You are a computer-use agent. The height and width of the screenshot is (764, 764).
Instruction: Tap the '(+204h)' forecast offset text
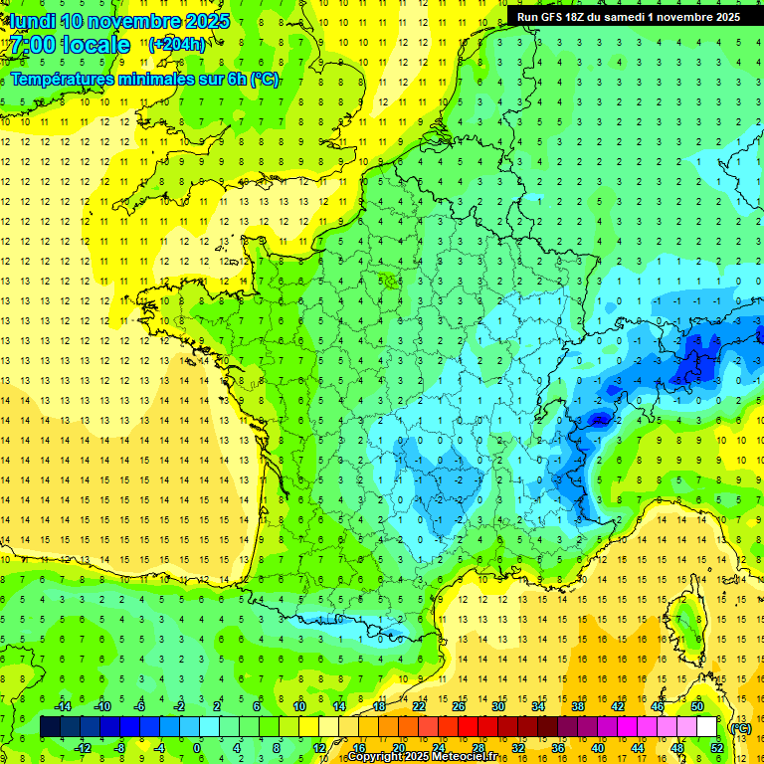[x=177, y=44]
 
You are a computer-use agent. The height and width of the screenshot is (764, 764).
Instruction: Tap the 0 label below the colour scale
[x=197, y=748]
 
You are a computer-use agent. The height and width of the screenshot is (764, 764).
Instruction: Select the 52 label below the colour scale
[x=717, y=748]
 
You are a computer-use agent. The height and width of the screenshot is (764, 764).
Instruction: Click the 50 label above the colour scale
[x=697, y=706]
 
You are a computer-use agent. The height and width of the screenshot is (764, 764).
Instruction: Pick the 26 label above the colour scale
[x=459, y=706]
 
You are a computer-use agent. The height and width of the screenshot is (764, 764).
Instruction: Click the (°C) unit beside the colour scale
[x=741, y=727]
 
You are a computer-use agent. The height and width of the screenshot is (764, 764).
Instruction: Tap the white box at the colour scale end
[x=707, y=727]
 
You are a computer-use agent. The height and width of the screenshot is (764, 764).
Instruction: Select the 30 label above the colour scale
[x=498, y=706]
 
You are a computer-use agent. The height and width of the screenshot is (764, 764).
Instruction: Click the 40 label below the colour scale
[x=598, y=748]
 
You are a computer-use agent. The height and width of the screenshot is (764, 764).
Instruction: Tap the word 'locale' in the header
[x=95, y=45]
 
